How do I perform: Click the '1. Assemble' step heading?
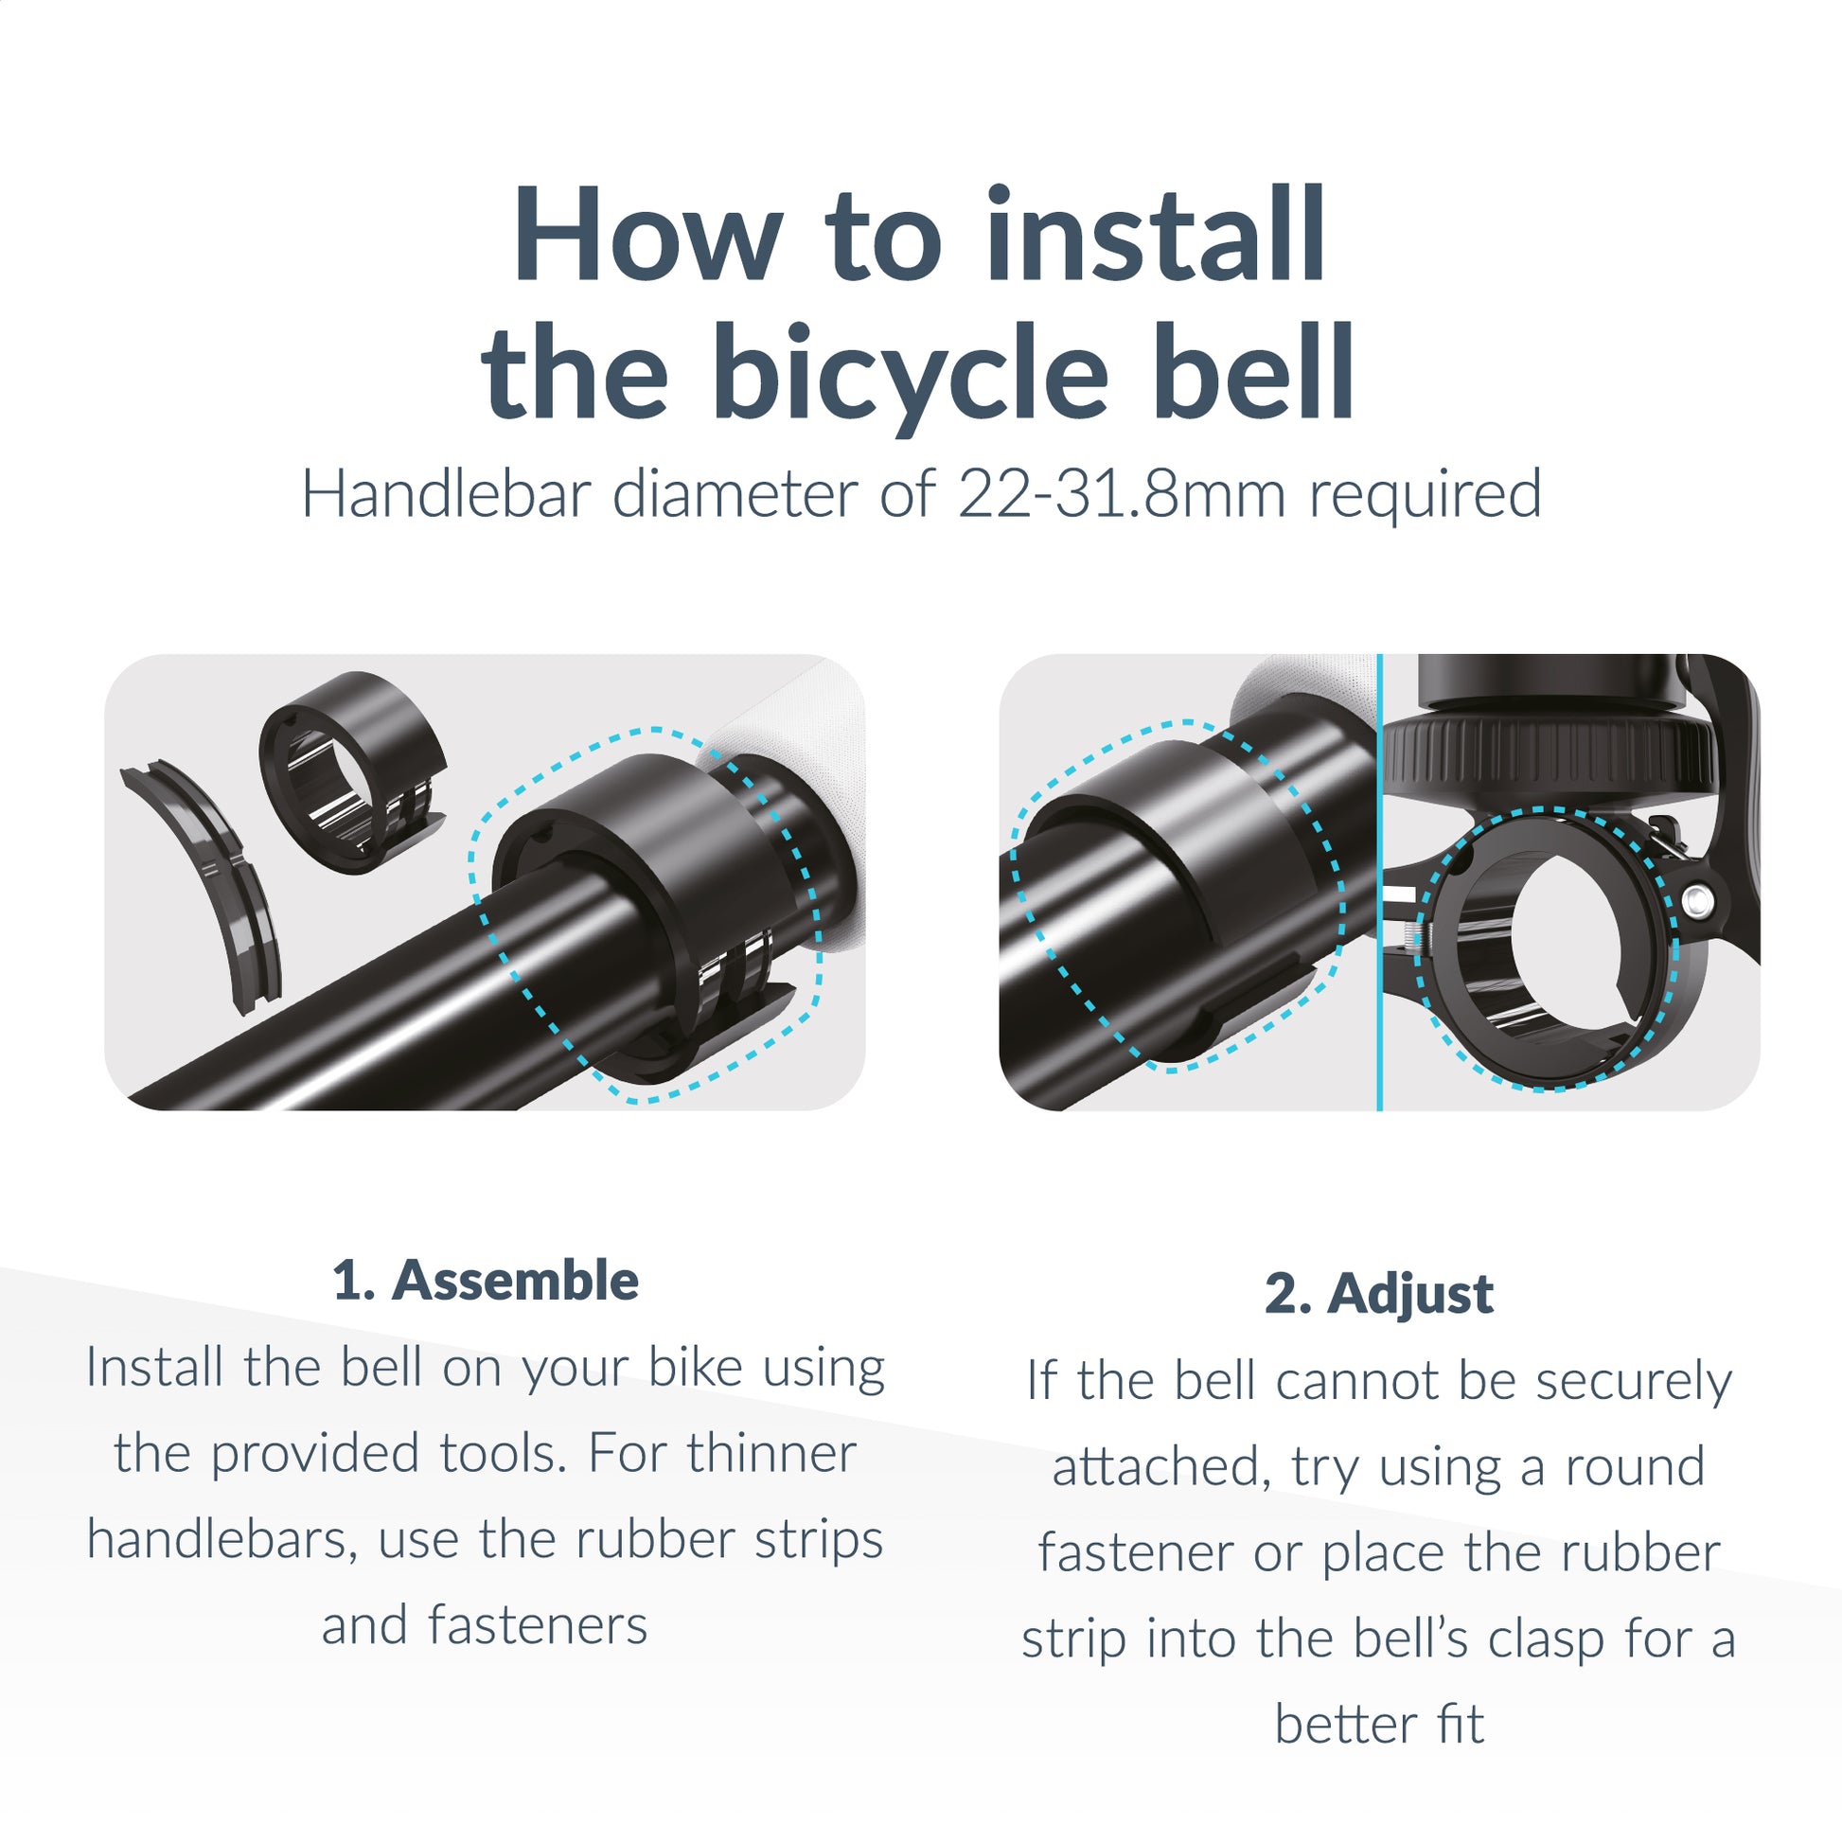(486, 1281)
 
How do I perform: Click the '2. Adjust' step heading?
(1378, 1294)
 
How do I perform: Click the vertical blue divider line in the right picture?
(1379, 882)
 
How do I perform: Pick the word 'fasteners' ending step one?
(538, 1624)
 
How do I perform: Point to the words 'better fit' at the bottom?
(1378, 1724)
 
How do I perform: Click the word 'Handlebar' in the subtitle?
(445, 495)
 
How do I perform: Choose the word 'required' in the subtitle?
(1425, 495)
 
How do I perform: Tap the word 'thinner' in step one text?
(770, 1453)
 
